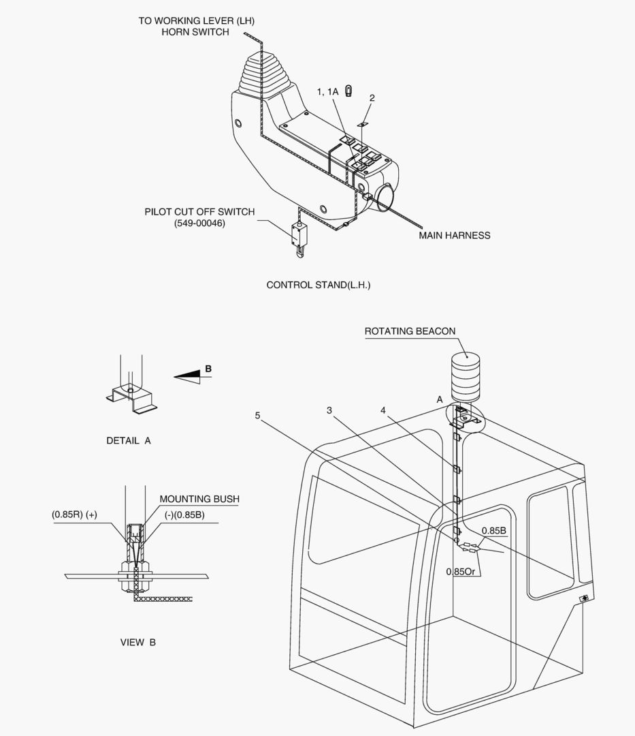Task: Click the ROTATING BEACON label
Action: (x=410, y=331)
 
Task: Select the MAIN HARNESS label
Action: (x=454, y=236)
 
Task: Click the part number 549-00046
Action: (x=199, y=224)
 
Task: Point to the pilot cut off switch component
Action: (x=297, y=235)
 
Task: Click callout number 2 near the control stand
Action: (x=372, y=98)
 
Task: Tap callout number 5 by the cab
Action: (x=257, y=415)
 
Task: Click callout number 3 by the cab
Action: (x=329, y=410)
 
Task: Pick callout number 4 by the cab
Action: (x=383, y=410)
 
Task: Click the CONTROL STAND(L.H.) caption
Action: (x=318, y=285)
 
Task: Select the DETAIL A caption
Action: (x=129, y=441)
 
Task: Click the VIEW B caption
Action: (x=137, y=642)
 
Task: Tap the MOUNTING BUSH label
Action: (x=199, y=499)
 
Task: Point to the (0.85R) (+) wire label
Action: (x=74, y=515)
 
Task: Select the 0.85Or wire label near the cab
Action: (x=461, y=571)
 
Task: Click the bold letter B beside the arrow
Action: (x=208, y=369)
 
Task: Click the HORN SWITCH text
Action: (x=195, y=32)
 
